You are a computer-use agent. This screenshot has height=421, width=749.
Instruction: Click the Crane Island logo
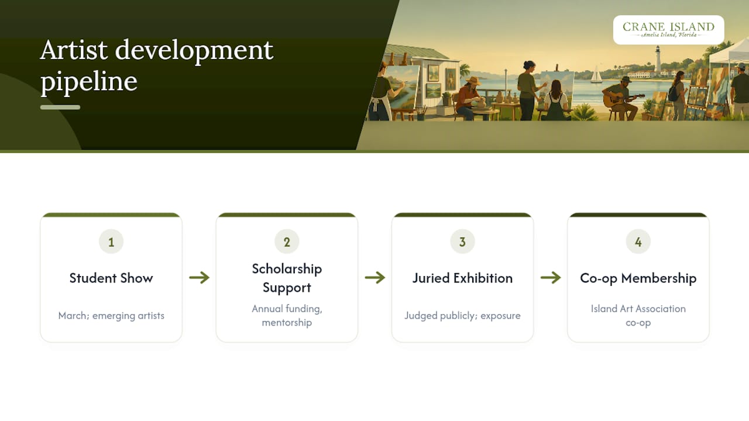[x=668, y=30]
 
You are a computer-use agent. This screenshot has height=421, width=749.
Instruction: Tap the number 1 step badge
[x=111, y=241]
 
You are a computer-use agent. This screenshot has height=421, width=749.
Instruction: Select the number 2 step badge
[x=287, y=241]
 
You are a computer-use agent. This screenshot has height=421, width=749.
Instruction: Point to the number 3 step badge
[x=462, y=241]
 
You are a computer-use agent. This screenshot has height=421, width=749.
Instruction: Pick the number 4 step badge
[x=638, y=241]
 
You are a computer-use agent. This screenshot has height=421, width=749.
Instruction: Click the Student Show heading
[x=111, y=278]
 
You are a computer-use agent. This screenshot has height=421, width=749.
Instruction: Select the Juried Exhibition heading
[x=462, y=278]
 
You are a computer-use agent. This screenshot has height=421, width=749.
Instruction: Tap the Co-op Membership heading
[x=638, y=278]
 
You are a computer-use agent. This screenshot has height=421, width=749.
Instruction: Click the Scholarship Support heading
[x=287, y=278]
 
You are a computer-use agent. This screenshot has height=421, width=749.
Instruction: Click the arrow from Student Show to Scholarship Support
[x=200, y=277]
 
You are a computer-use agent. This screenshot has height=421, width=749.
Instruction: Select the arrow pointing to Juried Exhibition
[x=375, y=277]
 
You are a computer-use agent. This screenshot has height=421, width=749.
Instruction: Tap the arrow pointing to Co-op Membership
[x=551, y=277]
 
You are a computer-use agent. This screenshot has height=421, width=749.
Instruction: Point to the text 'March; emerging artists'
[x=111, y=316]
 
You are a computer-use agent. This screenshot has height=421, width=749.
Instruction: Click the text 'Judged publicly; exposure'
[x=462, y=316]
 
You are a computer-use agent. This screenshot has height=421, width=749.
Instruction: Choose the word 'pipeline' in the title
[x=89, y=82]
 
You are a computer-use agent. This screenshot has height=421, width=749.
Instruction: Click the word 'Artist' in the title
[x=74, y=50]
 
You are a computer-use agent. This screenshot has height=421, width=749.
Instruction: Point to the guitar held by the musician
[x=622, y=99]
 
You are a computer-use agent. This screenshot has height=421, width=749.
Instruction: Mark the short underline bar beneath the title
[x=60, y=107]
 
